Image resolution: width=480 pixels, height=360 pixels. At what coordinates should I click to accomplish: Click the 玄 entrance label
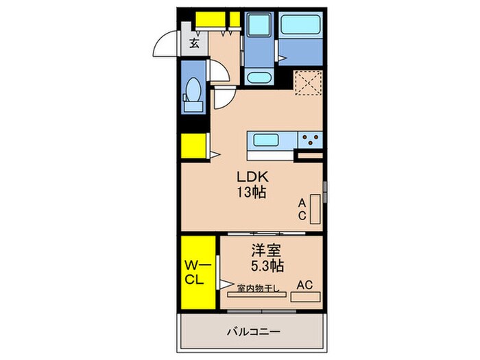[x=194, y=45]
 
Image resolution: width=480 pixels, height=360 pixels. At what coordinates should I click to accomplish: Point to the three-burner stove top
[x=310, y=141]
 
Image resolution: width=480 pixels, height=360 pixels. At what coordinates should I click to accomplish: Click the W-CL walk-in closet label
[x=195, y=272]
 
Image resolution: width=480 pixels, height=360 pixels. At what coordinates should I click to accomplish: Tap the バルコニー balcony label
[x=254, y=332]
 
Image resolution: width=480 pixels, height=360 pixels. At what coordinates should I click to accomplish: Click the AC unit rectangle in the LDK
[x=315, y=209]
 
